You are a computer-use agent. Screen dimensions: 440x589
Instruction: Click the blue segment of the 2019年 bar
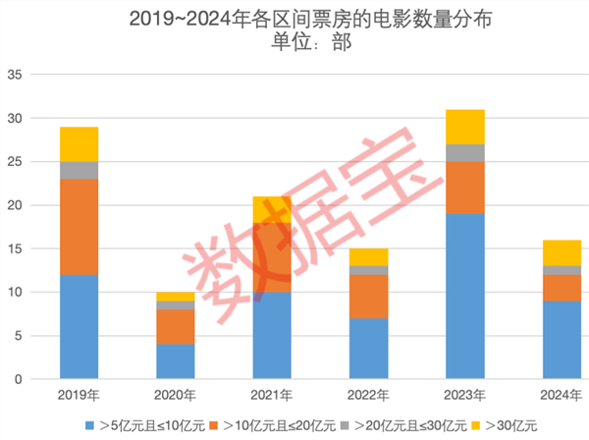(x=79, y=326)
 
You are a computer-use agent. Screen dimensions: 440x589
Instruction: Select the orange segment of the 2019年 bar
(x=79, y=227)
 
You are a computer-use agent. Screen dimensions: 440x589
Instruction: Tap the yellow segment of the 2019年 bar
(x=79, y=144)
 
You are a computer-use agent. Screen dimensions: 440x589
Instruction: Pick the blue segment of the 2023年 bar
(x=464, y=296)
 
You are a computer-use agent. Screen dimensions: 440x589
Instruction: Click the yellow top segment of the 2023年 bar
(x=464, y=127)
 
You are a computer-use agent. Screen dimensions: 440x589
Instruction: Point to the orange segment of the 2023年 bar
(x=464, y=188)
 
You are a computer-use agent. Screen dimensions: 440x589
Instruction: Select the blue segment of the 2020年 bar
(x=175, y=360)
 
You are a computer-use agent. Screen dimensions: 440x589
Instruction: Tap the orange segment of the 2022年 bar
(x=368, y=296)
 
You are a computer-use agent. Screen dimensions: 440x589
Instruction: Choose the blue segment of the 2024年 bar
(x=562, y=339)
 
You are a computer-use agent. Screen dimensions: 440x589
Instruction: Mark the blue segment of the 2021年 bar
(x=272, y=335)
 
